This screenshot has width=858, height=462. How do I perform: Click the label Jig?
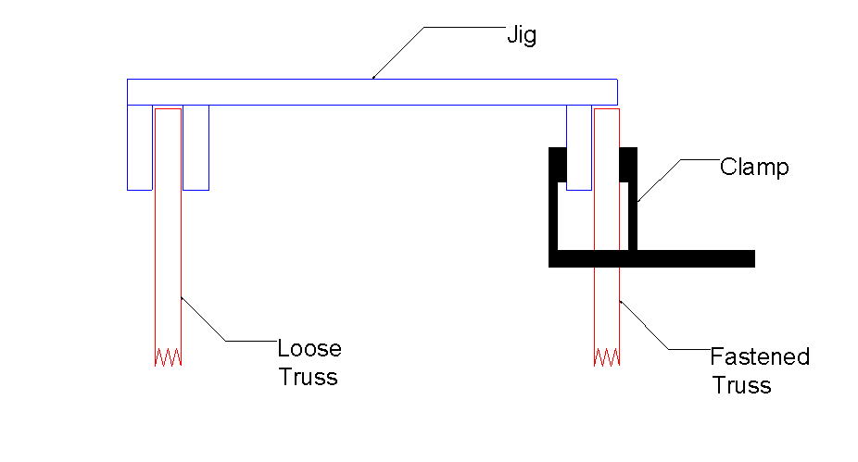click(x=522, y=36)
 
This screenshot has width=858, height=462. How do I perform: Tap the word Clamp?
click(x=754, y=168)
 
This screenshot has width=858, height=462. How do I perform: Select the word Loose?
click(x=309, y=348)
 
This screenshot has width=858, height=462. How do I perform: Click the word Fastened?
click(x=760, y=356)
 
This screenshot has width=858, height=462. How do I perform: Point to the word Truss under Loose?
click(x=308, y=377)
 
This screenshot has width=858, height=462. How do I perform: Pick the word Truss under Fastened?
click(x=741, y=385)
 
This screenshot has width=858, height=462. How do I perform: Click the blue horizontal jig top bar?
click(x=372, y=92)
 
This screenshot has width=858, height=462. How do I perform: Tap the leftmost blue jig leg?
click(x=140, y=147)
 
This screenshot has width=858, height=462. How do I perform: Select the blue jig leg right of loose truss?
click(x=196, y=147)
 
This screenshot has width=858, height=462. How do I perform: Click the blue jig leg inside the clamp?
click(x=579, y=147)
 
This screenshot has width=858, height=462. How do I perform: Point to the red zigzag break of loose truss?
click(x=168, y=357)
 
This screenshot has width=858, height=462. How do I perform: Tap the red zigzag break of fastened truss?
click(x=607, y=357)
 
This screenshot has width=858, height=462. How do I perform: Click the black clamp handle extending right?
click(x=696, y=258)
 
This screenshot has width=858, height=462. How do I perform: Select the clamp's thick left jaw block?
click(x=557, y=165)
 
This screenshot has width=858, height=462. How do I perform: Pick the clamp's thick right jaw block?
click(x=628, y=165)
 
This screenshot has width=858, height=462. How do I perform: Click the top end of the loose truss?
click(x=168, y=109)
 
